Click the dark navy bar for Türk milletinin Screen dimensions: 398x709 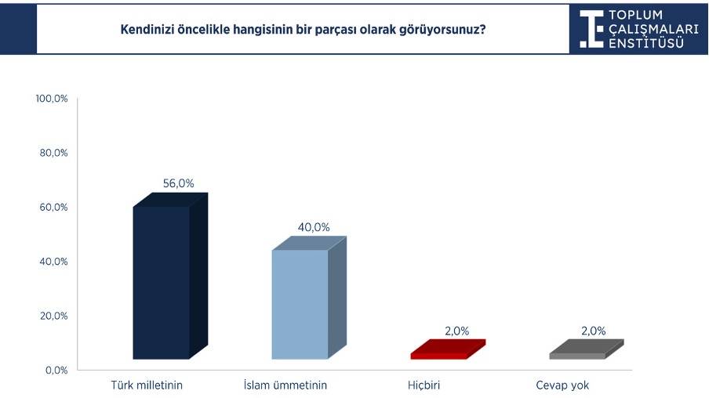pyautogui.click(x=162, y=282)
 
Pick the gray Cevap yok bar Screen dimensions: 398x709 pyautogui.click(x=577, y=355)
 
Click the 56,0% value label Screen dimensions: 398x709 pyautogui.click(x=178, y=183)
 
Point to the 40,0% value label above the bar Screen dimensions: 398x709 pyautogui.click(x=314, y=227)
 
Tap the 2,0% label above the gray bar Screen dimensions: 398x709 pyautogui.click(x=594, y=331)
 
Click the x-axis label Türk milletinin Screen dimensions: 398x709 pyautogui.click(x=148, y=385)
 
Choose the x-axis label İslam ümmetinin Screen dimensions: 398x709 pyautogui.click(x=285, y=385)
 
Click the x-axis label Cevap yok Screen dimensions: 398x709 pyautogui.click(x=562, y=385)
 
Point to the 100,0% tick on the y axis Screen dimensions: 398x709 pyautogui.click(x=53, y=99)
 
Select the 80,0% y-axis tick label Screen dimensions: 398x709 pyautogui.click(x=54, y=153)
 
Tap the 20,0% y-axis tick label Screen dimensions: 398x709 pyautogui.click(x=54, y=316)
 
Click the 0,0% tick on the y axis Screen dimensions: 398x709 pyautogui.click(x=56, y=370)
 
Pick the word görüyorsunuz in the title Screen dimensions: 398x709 pyautogui.click(x=441, y=30)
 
